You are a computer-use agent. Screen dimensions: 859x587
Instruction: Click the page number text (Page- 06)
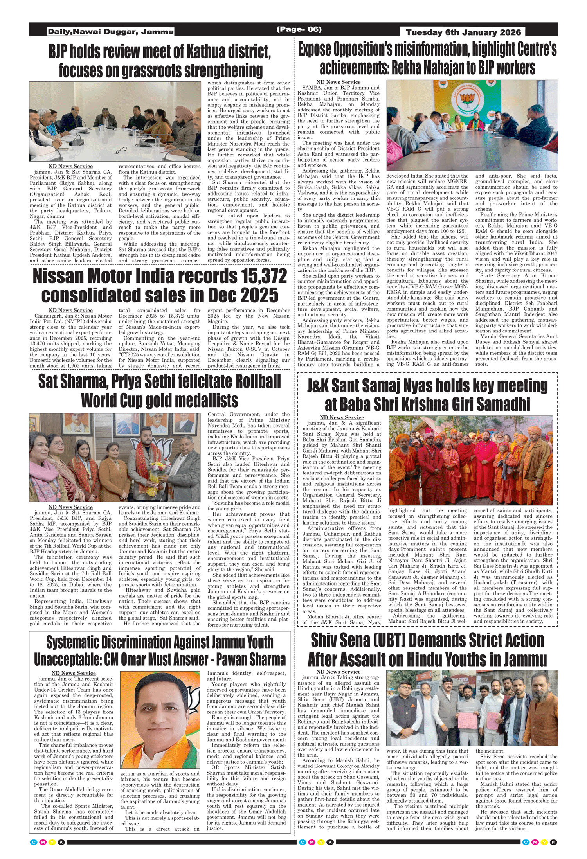[x=299, y=29]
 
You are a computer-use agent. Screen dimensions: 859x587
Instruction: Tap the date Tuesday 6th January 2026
[x=463, y=32]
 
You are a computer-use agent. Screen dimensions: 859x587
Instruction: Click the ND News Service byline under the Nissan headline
[x=70, y=310]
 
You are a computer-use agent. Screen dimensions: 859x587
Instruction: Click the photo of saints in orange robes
[x=470, y=460]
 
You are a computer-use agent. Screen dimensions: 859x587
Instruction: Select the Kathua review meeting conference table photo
[x=115, y=121]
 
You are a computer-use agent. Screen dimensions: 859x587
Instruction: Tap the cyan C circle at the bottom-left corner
[x=33, y=842]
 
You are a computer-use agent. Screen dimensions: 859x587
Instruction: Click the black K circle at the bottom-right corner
[x=553, y=842]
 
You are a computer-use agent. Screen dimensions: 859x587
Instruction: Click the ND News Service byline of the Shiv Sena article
[x=338, y=672]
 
